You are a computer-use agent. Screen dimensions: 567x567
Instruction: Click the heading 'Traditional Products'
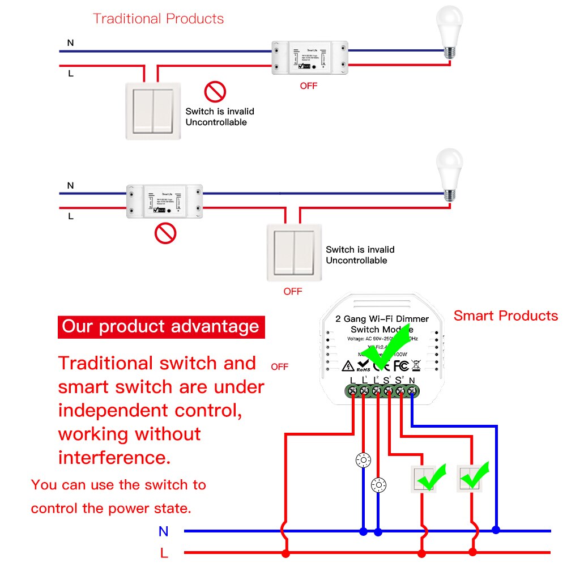(158, 19)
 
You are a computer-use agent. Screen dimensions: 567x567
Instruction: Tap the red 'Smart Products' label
(505, 316)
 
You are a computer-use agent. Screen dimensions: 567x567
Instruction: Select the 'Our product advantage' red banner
(161, 327)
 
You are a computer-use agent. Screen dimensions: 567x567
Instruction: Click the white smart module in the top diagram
(309, 58)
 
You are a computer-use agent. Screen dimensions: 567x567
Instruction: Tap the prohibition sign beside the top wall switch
(215, 91)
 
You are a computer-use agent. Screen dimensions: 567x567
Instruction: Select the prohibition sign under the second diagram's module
(165, 233)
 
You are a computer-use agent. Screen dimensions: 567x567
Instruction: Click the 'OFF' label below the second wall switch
(293, 291)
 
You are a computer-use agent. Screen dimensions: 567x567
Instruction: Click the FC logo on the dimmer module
(401, 365)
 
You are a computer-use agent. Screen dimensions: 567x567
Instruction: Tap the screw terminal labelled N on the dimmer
(412, 390)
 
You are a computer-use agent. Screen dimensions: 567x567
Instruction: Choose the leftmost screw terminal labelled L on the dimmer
(352, 390)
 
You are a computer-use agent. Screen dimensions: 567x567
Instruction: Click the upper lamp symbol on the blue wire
(363, 461)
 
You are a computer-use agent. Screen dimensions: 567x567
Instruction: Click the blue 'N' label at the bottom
(164, 531)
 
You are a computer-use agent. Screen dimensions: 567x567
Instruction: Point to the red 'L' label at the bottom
(164, 553)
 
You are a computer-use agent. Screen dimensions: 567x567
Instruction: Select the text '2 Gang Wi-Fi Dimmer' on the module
(382, 319)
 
